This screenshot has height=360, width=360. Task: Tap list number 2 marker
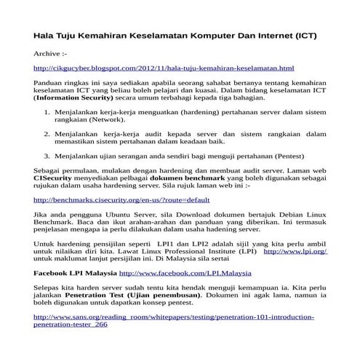(47, 134)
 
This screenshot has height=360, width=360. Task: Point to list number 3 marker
(47, 156)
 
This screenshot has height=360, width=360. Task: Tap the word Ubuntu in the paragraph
(113, 215)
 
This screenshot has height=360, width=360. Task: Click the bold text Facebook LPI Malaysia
(75, 273)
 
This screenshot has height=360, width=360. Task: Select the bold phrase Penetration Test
(100, 299)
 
